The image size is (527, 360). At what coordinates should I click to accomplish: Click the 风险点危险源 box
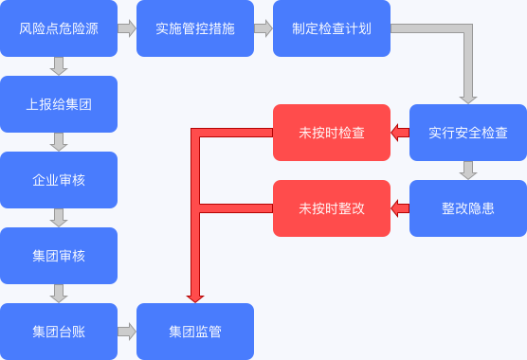(59, 28)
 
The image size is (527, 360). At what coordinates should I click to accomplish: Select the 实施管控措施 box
(195, 28)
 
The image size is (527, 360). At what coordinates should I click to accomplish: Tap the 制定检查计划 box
(332, 28)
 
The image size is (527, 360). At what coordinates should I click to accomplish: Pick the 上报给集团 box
(59, 104)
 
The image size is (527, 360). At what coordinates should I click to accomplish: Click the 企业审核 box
(59, 180)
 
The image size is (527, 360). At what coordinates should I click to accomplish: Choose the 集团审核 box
(59, 256)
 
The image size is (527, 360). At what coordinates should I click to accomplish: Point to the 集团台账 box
(59, 332)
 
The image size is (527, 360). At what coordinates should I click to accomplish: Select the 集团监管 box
(195, 332)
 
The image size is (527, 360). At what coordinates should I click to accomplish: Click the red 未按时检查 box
(332, 133)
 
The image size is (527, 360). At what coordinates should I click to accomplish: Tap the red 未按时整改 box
(332, 208)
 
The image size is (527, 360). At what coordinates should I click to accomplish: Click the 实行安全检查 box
(468, 133)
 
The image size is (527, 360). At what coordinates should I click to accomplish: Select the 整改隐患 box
(468, 208)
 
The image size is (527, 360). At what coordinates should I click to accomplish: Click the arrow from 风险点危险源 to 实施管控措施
(127, 28)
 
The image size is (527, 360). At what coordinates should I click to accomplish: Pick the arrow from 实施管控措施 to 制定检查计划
(263, 28)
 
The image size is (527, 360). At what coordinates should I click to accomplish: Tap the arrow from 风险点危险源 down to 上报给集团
(59, 66)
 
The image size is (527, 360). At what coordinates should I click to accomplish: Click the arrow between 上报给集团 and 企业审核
(59, 142)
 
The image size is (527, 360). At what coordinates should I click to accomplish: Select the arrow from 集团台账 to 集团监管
(127, 332)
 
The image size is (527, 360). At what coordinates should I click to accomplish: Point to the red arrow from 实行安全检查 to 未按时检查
(400, 133)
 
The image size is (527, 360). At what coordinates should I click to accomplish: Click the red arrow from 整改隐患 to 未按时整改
(400, 208)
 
